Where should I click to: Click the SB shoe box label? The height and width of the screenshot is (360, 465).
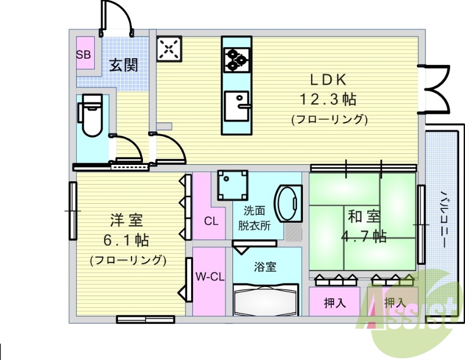pyautogui.click(x=84, y=55)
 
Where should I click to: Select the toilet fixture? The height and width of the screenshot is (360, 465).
pyautogui.click(x=91, y=116)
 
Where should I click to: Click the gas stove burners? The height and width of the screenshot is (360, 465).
pyautogui.click(x=237, y=59)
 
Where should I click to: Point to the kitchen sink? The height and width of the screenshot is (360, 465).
pyautogui.click(x=237, y=105)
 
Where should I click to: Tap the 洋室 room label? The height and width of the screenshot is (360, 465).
pyautogui.click(x=127, y=221)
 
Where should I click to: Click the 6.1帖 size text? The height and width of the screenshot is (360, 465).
pyautogui.click(x=127, y=239)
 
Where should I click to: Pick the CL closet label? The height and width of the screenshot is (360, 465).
pyautogui.click(x=211, y=221)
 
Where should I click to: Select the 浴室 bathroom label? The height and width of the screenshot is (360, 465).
pyautogui.click(x=265, y=267)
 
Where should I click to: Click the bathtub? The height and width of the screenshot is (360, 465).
pyautogui.click(x=266, y=299)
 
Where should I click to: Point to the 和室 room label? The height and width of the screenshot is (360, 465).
pyautogui.click(x=364, y=217)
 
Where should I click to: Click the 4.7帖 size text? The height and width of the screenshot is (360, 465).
pyautogui.click(x=364, y=236)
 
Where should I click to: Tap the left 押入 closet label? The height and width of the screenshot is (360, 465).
pyautogui.click(x=335, y=303)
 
